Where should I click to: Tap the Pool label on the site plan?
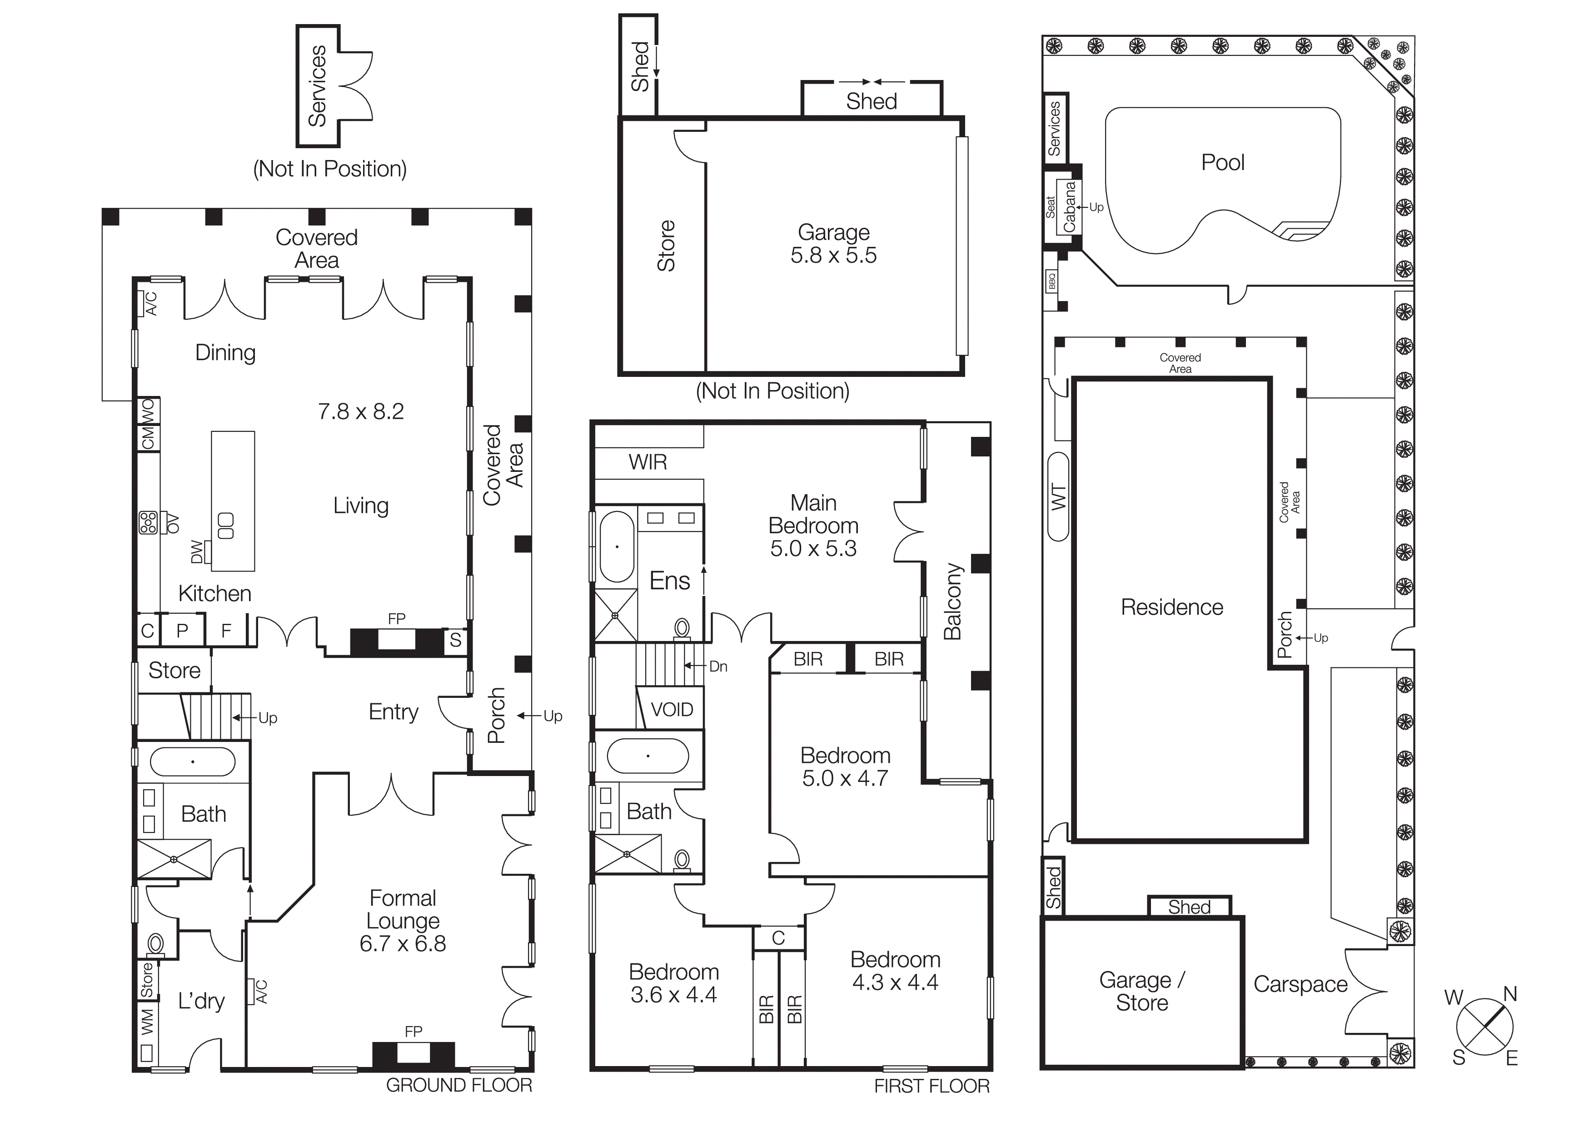(1223, 162)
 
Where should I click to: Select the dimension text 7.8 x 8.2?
(360, 412)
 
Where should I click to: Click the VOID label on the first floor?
(671, 710)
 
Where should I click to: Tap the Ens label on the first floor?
(669, 581)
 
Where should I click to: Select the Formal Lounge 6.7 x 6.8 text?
(403, 921)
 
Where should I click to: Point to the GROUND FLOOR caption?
(459, 1085)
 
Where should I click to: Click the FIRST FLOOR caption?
(931, 1086)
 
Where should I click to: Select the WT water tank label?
(1058, 497)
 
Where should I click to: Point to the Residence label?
(1172, 607)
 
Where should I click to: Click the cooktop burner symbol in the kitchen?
(148, 522)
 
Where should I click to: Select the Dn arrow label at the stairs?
(718, 666)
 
